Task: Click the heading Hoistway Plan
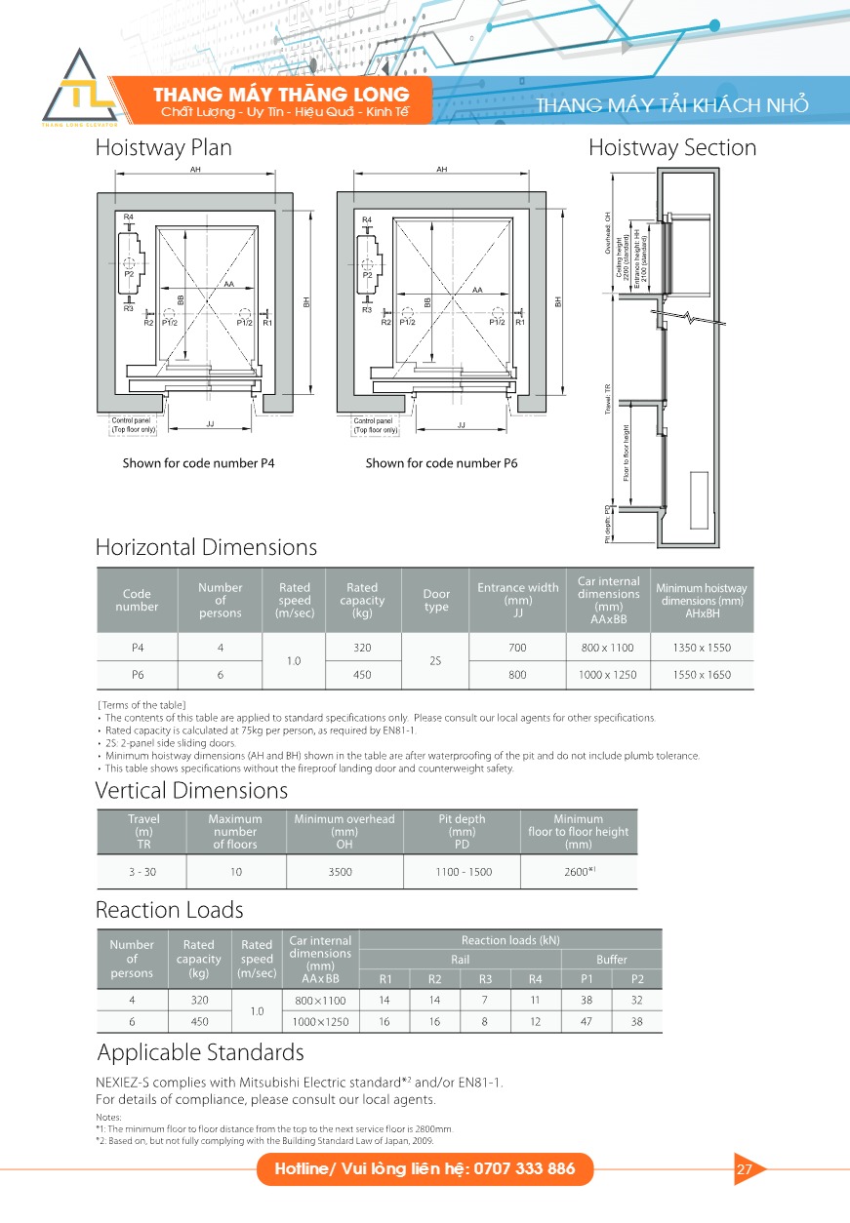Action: tap(163, 148)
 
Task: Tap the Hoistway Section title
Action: tap(671, 148)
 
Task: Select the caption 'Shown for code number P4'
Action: tap(198, 463)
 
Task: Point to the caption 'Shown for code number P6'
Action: tap(441, 463)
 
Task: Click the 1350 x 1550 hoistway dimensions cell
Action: tap(701, 648)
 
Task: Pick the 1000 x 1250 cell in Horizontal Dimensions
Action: tap(608, 675)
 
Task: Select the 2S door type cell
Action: tap(436, 661)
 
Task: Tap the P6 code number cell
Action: tap(137, 675)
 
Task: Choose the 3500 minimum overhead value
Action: tap(341, 873)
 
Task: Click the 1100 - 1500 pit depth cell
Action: tap(464, 873)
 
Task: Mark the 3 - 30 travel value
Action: tap(143, 873)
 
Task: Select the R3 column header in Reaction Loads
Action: tap(485, 979)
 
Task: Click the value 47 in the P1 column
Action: tap(587, 1022)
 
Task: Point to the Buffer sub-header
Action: tap(612, 960)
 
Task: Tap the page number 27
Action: tap(745, 1169)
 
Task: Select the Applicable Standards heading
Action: tap(200, 1053)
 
